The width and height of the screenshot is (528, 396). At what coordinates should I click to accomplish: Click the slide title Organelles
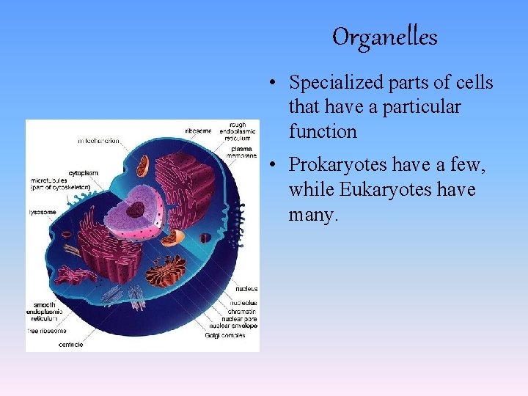click(384, 37)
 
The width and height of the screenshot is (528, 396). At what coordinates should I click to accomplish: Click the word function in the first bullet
click(323, 132)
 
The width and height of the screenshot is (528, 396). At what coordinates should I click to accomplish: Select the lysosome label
click(43, 212)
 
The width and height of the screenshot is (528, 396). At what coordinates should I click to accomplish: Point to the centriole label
click(70, 344)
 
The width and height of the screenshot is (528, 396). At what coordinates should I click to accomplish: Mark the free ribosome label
click(49, 331)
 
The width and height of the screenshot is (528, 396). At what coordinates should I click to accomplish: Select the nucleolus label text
click(243, 302)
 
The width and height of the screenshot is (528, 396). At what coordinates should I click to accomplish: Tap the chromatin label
click(243, 311)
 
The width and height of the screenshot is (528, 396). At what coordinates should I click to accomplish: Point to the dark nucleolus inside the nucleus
click(134, 209)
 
